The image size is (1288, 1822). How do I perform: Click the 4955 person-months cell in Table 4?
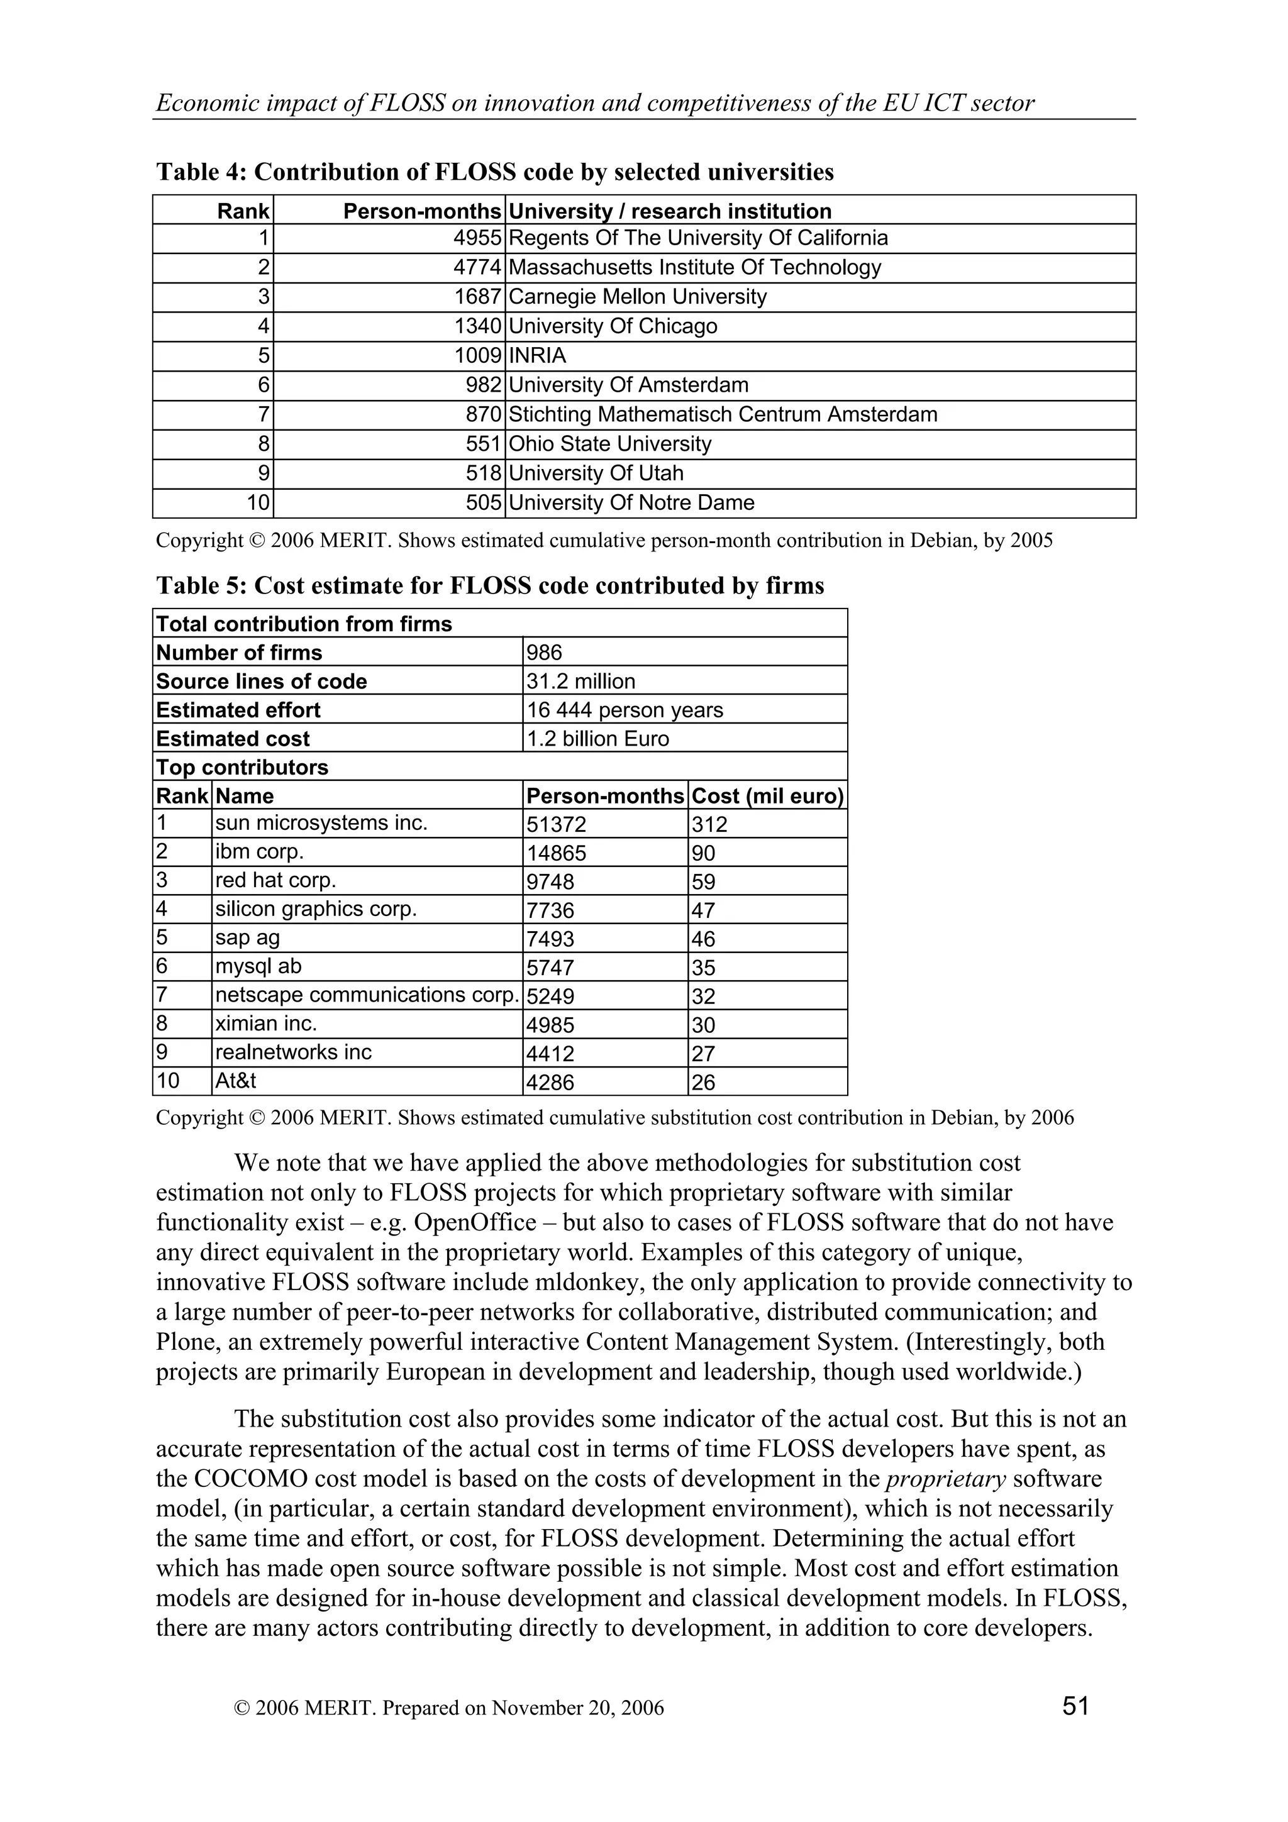pyautogui.click(x=477, y=238)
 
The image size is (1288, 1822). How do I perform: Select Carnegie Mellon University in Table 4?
pyautogui.click(x=637, y=297)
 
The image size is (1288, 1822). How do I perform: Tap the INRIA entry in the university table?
pyautogui.click(x=537, y=355)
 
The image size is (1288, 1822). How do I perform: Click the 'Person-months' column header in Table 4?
pyautogui.click(x=422, y=211)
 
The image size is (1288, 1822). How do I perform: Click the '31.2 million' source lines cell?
pyautogui.click(x=580, y=681)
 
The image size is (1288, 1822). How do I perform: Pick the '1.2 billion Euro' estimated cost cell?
pyautogui.click(x=597, y=738)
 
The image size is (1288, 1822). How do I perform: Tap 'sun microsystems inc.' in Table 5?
pyautogui.click(x=321, y=823)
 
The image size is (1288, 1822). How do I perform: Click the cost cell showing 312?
pyautogui.click(x=709, y=824)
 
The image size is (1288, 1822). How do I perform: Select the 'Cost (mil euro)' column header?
pyautogui.click(x=767, y=795)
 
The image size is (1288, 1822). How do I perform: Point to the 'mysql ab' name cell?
pyautogui.click(x=258, y=966)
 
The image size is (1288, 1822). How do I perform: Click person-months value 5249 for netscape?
pyautogui.click(x=550, y=996)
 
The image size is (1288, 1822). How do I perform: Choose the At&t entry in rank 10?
pyautogui.click(x=236, y=1080)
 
